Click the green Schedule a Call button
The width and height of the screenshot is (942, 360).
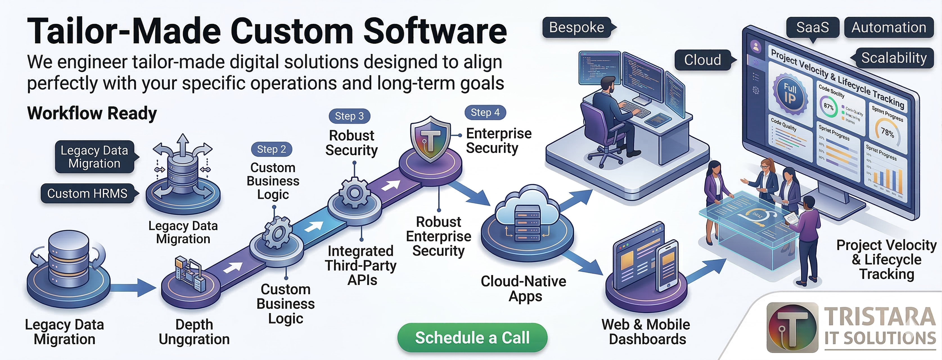pos(472,337)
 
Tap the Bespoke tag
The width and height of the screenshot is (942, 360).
pos(577,28)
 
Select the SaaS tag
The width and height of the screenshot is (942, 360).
pos(813,28)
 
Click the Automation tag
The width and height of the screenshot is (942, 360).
pos(889,28)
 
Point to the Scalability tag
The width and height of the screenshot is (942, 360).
pos(894,58)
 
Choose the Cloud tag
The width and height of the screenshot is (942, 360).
pos(702,60)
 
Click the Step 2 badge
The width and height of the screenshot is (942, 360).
pos(271,149)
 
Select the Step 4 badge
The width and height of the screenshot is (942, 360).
pos(485,112)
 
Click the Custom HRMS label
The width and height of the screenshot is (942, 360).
pos(87,193)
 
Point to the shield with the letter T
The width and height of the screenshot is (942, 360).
pos(431,139)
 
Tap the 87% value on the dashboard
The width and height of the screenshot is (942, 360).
pos(828,107)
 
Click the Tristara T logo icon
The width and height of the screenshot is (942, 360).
pos(792,327)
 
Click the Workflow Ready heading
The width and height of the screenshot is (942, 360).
pos(92,113)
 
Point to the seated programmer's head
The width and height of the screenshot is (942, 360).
pos(608,84)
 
